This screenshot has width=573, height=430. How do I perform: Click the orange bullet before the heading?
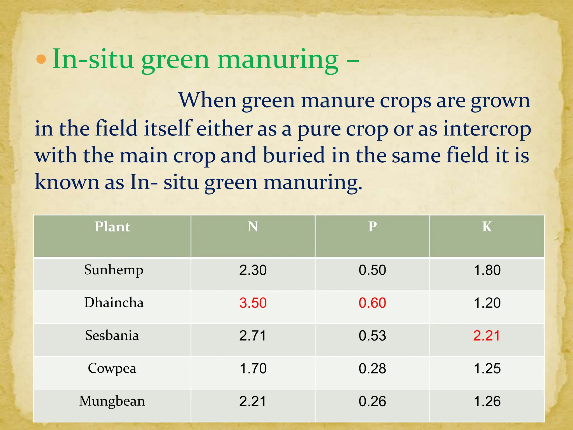pyautogui.click(x=41, y=59)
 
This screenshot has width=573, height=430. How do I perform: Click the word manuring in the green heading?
pyautogui.click(x=278, y=60)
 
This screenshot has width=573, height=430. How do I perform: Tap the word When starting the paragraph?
pyautogui.click(x=207, y=100)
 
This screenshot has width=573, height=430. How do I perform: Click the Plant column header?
pyautogui.click(x=112, y=226)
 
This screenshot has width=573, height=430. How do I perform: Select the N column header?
pyautogui.click(x=253, y=226)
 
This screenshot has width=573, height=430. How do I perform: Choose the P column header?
pyautogui.click(x=372, y=226)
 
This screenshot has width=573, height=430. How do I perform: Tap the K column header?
pyautogui.click(x=487, y=226)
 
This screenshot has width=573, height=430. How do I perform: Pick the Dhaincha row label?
pyautogui.click(x=114, y=303)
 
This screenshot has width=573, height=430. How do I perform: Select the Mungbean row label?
pyautogui.click(x=112, y=401)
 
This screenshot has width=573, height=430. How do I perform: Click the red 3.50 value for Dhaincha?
pyautogui.click(x=253, y=303)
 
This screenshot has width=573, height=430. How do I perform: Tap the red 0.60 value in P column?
pyautogui.click(x=372, y=303)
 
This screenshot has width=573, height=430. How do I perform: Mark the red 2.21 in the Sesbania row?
pyautogui.click(x=487, y=336)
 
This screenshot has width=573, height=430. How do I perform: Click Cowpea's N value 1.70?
pyautogui.click(x=253, y=369)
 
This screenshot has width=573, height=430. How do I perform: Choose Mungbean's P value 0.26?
pyautogui.click(x=372, y=401)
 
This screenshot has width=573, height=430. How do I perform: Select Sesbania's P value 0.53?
pyautogui.click(x=372, y=336)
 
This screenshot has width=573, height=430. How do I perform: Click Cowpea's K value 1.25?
pyautogui.click(x=487, y=369)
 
